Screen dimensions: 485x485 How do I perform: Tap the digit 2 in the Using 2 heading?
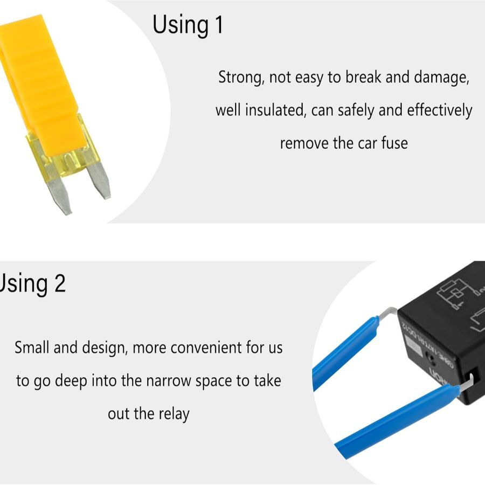point(60,283)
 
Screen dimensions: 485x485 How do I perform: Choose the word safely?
point(356,110)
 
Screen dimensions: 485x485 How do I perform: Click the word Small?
point(33,347)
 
